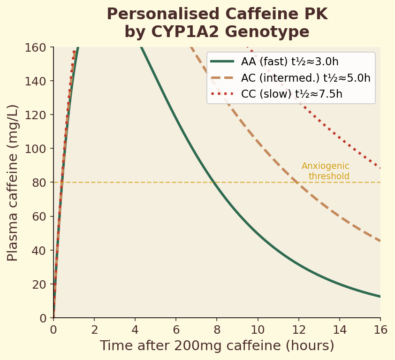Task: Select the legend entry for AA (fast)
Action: tap(289, 62)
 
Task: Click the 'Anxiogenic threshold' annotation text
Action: tap(326, 171)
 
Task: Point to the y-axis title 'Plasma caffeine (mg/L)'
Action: tap(13, 183)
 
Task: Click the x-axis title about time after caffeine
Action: tap(217, 346)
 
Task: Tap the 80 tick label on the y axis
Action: tap(39, 183)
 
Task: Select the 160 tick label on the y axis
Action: tap(37, 47)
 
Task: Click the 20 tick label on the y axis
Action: tap(39, 284)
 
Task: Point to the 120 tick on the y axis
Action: tap(37, 115)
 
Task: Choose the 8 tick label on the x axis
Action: tap(217, 330)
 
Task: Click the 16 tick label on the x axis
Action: tap(380, 330)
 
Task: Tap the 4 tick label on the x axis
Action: tap(135, 330)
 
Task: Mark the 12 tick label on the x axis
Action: tap(299, 330)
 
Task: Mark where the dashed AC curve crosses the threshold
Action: tap(296, 183)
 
